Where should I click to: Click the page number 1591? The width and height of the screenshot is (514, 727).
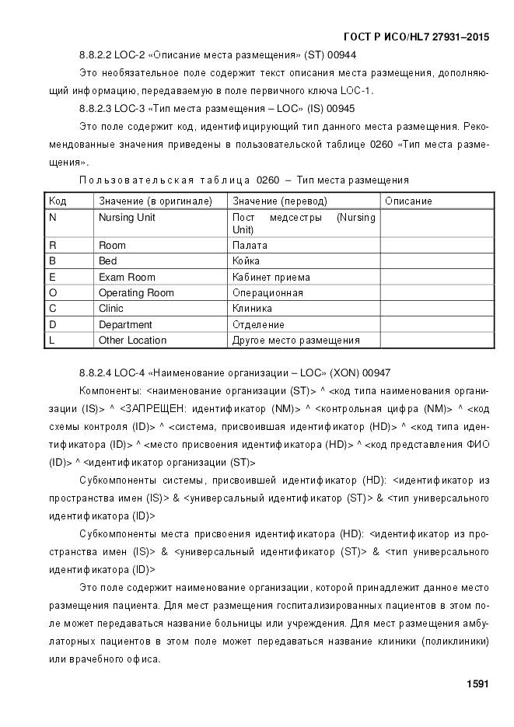[477, 684]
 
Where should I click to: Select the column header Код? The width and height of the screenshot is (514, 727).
[58, 201]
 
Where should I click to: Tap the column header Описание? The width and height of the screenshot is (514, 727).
[407, 201]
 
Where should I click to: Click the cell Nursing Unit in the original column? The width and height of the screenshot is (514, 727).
[127, 218]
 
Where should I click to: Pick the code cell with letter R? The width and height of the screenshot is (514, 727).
[53, 246]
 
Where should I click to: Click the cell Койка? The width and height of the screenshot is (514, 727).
[247, 261]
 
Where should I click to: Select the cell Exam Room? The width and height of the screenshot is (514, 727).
[127, 278]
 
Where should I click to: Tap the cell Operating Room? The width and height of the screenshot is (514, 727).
[136, 293]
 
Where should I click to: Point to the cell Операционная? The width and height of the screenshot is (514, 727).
[267, 293]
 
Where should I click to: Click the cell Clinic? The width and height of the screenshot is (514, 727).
[111, 309]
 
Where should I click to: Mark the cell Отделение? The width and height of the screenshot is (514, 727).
[259, 324]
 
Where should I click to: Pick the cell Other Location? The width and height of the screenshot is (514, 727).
[132, 340]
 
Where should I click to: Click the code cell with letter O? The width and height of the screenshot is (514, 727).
[53, 293]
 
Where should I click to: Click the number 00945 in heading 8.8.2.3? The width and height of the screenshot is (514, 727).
[341, 108]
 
